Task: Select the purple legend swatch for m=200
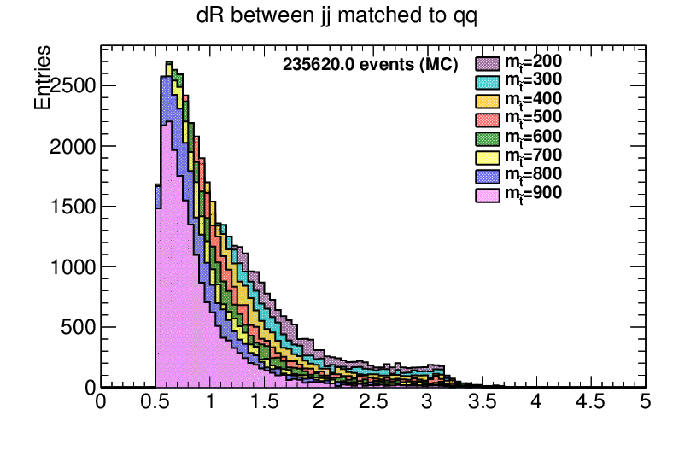486,61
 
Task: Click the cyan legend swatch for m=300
486,81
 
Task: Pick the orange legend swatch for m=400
486,100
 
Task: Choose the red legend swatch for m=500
486,119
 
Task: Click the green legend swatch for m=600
486,137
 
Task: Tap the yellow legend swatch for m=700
486,156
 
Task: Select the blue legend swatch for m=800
486,176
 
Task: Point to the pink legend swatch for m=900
486,195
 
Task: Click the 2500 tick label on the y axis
73,86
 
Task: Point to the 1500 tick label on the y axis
73,207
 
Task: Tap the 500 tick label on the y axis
78,327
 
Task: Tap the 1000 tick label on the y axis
73,267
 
